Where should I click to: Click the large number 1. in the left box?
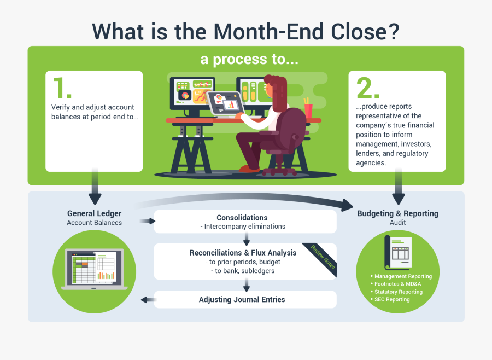(63, 88)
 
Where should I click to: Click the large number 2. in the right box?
(367, 88)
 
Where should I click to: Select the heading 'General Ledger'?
(94, 213)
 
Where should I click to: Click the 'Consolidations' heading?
(242, 218)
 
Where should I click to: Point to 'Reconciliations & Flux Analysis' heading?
(243, 253)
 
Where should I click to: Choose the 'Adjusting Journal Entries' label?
(242, 299)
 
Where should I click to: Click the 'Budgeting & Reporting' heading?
(397, 213)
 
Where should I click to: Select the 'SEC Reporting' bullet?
(391, 299)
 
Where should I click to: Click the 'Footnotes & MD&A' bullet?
(397, 284)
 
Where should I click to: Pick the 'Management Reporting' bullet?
(403, 276)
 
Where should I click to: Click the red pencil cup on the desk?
(308, 109)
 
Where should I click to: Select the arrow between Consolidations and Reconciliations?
(247, 239)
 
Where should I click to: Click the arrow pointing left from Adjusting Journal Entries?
(147, 299)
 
